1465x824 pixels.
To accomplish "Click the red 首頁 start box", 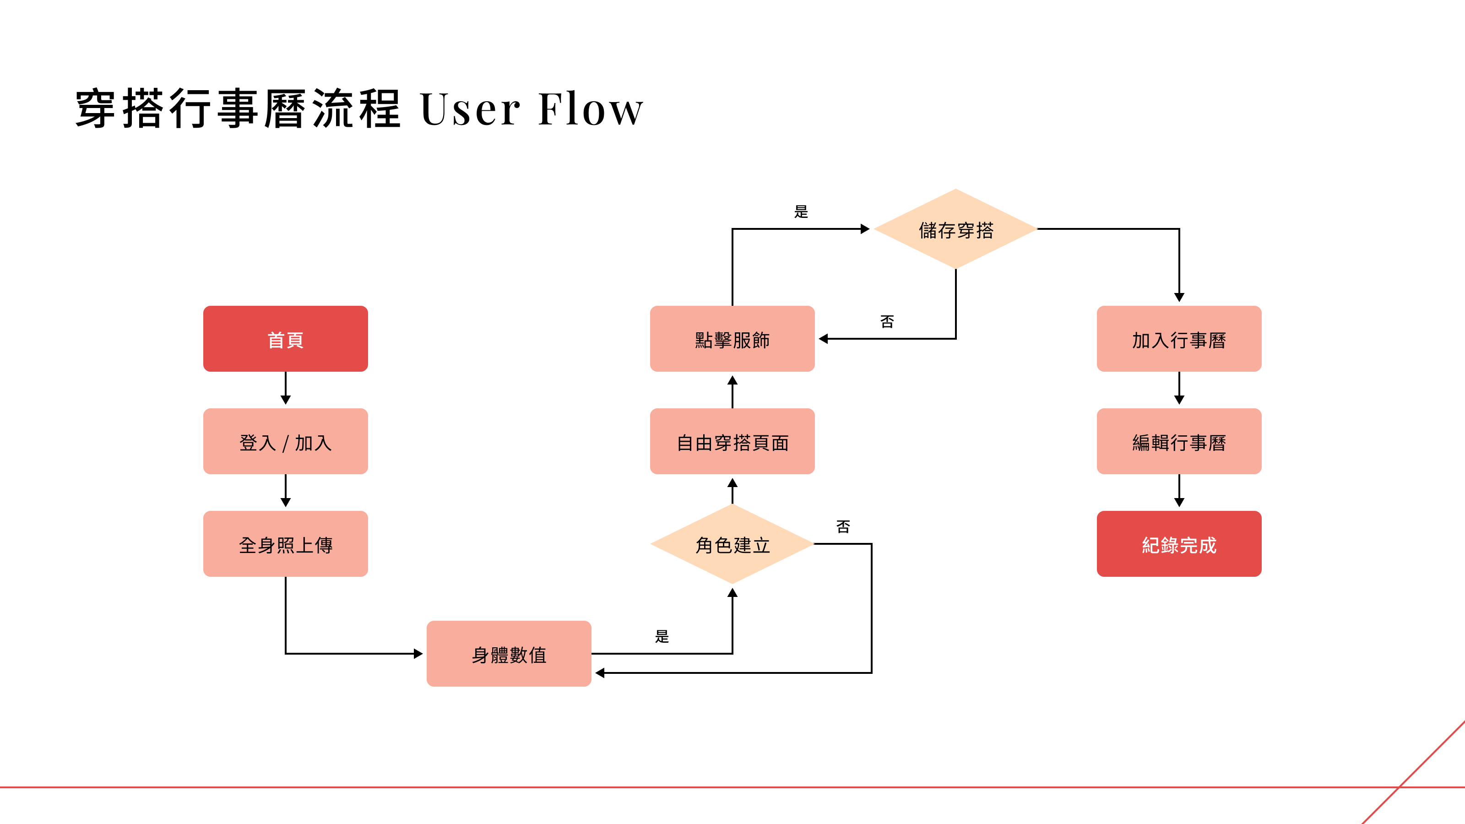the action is (286, 339).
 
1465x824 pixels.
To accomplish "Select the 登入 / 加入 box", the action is (286, 441).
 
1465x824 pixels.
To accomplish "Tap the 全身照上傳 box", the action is (286, 544).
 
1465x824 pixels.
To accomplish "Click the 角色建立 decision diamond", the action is (732, 544).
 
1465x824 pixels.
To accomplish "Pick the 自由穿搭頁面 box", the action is (732, 441).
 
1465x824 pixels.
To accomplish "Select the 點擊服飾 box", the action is (732, 339).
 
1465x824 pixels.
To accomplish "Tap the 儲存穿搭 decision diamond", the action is (956, 228).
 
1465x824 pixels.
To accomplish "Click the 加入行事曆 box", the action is (1179, 339).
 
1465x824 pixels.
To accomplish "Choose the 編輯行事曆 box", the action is (1179, 441).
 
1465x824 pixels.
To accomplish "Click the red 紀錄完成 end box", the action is (1179, 544).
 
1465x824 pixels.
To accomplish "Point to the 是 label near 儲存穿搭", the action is (801, 211).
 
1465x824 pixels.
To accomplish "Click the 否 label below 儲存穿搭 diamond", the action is (887, 322).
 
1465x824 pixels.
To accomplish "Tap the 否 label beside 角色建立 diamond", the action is (843, 526).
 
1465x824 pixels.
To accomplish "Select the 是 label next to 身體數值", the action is (662, 636).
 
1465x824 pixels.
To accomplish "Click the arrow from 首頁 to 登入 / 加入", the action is (286, 388).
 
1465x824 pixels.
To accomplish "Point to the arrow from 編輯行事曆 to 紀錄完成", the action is (1179, 491).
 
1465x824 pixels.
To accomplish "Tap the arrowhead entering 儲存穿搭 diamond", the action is (865, 228).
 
